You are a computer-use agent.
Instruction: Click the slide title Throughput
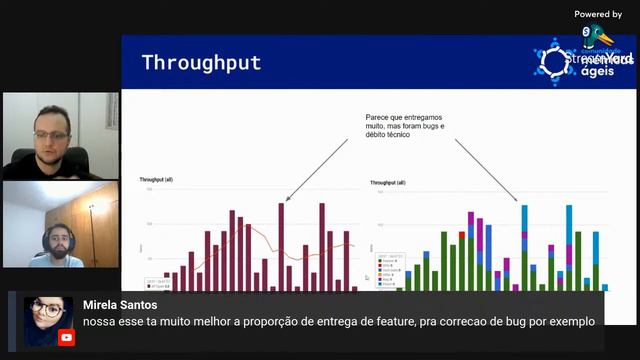(201, 62)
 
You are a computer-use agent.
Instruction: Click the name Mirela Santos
(120, 304)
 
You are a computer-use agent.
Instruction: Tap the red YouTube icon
(66, 337)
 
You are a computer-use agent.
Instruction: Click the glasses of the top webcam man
(51, 135)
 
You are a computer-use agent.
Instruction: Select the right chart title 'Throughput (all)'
(388, 183)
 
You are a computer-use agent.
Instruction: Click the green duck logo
(599, 37)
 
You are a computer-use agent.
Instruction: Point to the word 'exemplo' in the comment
(572, 321)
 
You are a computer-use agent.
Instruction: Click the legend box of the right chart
(389, 269)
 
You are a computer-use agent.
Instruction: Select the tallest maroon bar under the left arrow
(281, 246)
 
